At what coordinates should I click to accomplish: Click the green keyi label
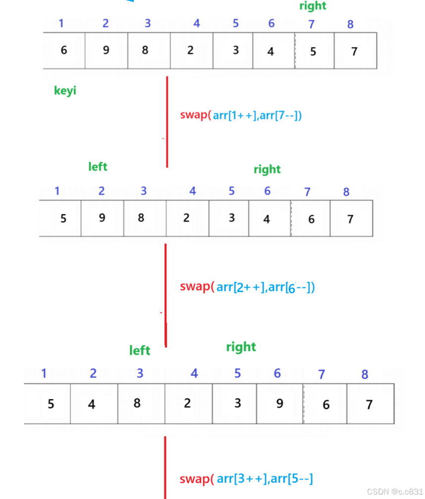point(65,91)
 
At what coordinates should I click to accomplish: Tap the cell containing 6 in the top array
point(64,50)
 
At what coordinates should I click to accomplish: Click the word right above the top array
point(313,6)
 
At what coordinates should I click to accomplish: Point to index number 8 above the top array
point(350,24)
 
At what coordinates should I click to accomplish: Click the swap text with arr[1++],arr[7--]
point(241,115)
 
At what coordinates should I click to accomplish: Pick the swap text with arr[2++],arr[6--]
point(247,287)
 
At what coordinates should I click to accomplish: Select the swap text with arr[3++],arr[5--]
point(246,479)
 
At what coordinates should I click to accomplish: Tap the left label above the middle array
point(98,167)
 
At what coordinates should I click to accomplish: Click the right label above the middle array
point(267,169)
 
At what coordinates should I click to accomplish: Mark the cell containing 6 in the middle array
point(311,219)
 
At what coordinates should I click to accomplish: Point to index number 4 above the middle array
point(193,191)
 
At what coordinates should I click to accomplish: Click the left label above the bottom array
point(140,350)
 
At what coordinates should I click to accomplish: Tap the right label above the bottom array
point(241,347)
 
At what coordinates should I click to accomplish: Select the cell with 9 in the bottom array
point(279,403)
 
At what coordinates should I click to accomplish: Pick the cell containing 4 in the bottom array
point(92,404)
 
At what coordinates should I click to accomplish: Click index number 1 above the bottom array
point(44,373)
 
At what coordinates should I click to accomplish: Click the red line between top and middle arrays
point(167,121)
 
